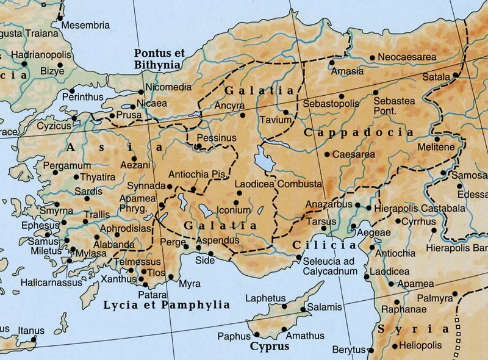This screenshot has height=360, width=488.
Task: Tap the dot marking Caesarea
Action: (x=328, y=154)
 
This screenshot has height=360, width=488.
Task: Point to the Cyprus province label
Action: (x=269, y=347)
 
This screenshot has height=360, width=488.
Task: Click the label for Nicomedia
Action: (x=168, y=87)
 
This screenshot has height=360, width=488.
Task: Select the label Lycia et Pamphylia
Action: (x=167, y=304)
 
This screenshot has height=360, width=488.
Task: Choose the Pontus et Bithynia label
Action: (x=159, y=59)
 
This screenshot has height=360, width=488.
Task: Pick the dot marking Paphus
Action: (x=257, y=334)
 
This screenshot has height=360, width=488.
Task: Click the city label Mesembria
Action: (x=85, y=26)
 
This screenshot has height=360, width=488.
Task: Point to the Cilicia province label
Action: (x=323, y=245)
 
